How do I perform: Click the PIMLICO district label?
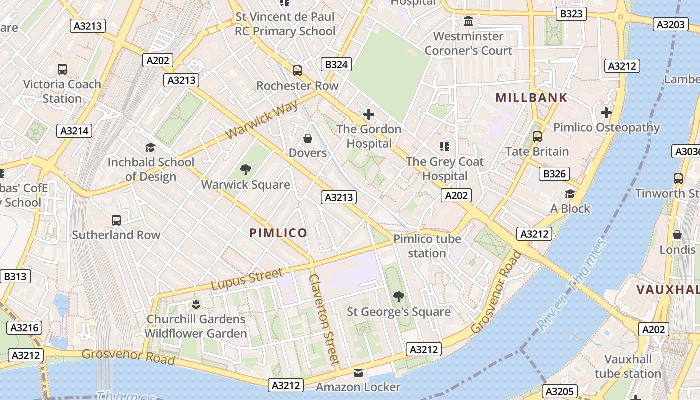pyautogui.click(x=278, y=233)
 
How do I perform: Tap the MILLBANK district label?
pyautogui.click(x=531, y=98)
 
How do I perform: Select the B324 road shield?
pyautogui.click(x=336, y=64)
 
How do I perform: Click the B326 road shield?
pyautogui.click(x=555, y=174)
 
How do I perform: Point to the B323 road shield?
pyautogui.click(x=571, y=14)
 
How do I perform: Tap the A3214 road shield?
pyautogui.click(x=75, y=131)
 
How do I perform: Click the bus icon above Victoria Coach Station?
pyautogui.click(x=62, y=69)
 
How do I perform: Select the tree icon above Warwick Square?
pyautogui.click(x=245, y=170)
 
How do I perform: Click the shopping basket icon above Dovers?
pyautogui.click(x=308, y=138)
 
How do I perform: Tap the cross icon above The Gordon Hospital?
pyautogui.click(x=368, y=114)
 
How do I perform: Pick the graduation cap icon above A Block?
pyautogui.click(x=570, y=194)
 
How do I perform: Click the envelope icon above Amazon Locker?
pyautogui.click(x=358, y=372)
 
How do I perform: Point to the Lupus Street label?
pyautogui.click(x=247, y=280)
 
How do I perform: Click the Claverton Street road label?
pyautogui.click(x=324, y=319)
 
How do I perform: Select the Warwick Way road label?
pyautogui.click(x=261, y=120)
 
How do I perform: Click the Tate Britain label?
pyautogui.click(x=537, y=151)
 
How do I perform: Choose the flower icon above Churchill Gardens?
pyautogui.click(x=196, y=304)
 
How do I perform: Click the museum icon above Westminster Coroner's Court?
pyautogui.click(x=468, y=21)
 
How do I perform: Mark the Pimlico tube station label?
pyautogui.click(x=427, y=246)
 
